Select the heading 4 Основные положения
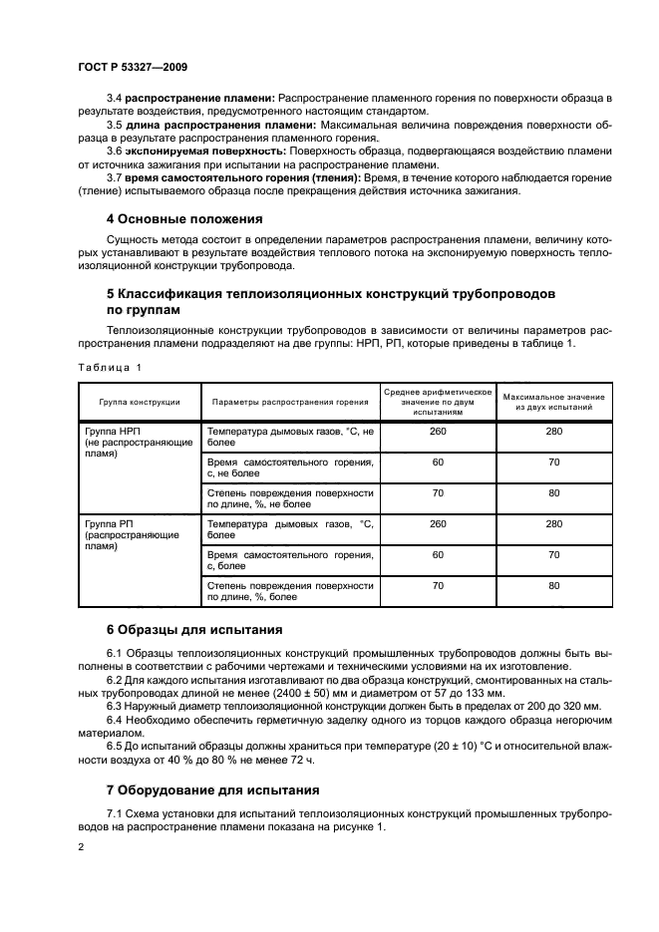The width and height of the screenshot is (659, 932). [184, 218]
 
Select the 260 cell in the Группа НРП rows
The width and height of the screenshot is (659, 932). [438, 432]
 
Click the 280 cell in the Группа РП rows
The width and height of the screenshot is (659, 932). [554, 523]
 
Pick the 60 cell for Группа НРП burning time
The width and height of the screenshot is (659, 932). [438, 463]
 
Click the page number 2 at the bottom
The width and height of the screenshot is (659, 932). [80, 846]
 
